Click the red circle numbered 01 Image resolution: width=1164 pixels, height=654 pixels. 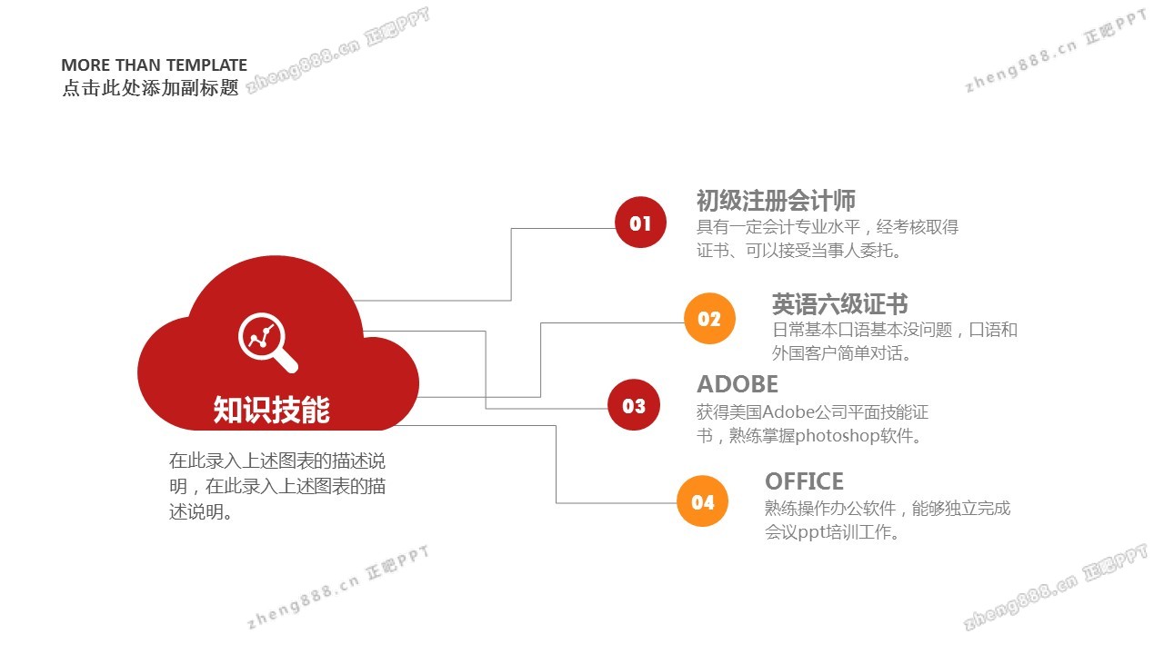[640, 223]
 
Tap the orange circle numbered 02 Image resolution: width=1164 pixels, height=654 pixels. [709, 318]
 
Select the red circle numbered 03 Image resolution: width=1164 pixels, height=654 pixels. [634, 405]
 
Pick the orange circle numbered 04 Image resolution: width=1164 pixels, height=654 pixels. [703, 501]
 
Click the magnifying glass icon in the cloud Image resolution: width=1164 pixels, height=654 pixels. [266, 341]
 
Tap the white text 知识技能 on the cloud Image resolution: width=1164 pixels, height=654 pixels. [271, 410]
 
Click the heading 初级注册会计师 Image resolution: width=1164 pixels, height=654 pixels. [776, 201]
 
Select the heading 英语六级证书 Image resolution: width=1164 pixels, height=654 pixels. [839, 304]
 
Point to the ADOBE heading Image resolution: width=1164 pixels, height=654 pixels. [738, 384]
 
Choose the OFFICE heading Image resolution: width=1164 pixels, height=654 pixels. [804, 481]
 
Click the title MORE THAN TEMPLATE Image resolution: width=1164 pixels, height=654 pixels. [154, 65]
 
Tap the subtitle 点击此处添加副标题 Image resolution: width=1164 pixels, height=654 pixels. [150, 88]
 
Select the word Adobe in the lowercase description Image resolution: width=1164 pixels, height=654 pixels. [788, 412]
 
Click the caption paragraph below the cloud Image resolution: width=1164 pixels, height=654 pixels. [277, 486]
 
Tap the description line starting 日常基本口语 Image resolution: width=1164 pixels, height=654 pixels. [894, 330]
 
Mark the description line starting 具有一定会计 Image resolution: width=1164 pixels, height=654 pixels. [828, 227]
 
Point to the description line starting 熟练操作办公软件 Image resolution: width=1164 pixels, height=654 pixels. [888, 508]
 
